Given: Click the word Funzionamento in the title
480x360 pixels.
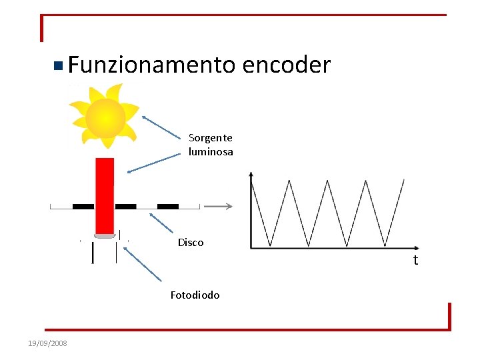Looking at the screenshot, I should click(151, 65).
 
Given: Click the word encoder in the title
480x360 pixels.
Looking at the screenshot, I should click(287, 65).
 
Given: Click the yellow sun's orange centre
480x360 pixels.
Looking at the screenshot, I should click(105, 118).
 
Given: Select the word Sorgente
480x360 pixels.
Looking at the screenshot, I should click(211, 138).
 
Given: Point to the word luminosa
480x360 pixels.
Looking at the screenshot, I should click(211, 152).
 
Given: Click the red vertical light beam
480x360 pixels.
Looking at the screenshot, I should click(105, 193).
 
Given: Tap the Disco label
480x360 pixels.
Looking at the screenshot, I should click(191, 243).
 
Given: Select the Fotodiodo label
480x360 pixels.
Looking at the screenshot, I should click(195, 295).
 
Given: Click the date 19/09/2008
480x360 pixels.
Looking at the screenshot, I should click(47, 343).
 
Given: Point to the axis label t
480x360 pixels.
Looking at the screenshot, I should click(415, 260).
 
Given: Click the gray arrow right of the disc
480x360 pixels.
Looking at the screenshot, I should click(218, 207).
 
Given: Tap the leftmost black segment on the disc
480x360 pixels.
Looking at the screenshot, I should click(83, 207).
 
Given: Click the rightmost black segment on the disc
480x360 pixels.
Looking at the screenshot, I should click(168, 207).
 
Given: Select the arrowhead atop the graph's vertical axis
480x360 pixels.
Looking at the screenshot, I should click(251, 175).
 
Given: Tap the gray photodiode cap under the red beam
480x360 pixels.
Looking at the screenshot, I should click(105, 235).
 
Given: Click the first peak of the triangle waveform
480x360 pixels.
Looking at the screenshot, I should click(289, 180).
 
